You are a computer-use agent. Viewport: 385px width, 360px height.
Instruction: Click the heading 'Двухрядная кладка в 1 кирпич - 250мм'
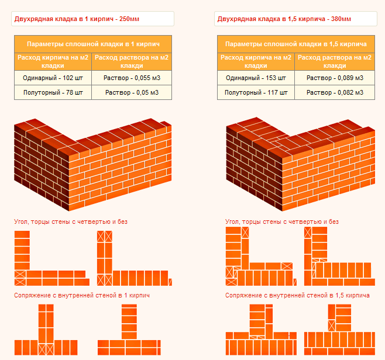(x=77, y=19)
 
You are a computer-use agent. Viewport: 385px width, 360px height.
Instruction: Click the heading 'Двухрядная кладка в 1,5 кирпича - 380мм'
(x=284, y=19)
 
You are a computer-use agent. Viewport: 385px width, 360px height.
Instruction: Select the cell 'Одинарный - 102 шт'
(x=53, y=78)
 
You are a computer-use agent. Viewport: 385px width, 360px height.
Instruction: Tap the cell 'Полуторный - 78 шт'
(x=53, y=92)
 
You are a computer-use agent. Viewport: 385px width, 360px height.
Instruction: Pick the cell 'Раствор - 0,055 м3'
(x=132, y=78)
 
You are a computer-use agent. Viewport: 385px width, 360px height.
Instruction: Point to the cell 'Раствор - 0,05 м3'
(x=132, y=92)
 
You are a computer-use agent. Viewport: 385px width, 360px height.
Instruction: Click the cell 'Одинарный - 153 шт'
(x=256, y=78)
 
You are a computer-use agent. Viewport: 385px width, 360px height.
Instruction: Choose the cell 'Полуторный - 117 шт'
(x=256, y=92)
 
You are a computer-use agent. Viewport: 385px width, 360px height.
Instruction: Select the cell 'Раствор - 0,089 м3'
(x=335, y=78)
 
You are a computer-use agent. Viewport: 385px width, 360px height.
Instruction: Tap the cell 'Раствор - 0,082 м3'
(x=335, y=92)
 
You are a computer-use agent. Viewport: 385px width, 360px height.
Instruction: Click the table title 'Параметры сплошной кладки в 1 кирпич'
(x=93, y=44)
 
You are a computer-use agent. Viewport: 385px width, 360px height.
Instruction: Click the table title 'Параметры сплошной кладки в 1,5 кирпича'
(x=296, y=44)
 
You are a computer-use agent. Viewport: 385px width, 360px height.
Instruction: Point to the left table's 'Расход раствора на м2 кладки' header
(x=132, y=61)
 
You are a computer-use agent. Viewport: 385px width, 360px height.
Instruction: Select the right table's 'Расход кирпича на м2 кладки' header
(x=256, y=61)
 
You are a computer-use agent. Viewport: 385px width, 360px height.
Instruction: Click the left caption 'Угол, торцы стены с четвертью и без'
(x=71, y=222)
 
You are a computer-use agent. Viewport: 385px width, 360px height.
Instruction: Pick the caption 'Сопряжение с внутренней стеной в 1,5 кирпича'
(x=297, y=295)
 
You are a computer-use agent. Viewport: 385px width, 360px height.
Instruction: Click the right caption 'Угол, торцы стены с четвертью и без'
(x=282, y=222)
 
